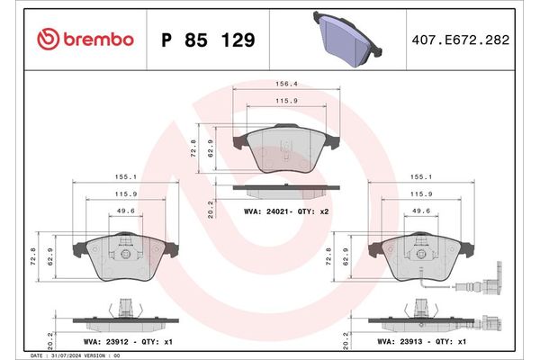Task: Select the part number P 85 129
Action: pyautogui.click(x=206, y=40)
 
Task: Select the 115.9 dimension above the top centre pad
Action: pyautogui.click(x=286, y=100)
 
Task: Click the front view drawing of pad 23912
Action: pyautogui.click(x=125, y=260)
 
